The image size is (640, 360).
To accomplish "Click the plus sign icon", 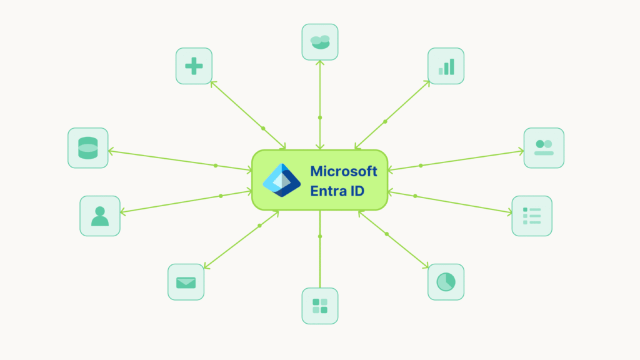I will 194,66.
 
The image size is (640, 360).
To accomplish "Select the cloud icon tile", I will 320,42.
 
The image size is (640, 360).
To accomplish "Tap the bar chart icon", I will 446,66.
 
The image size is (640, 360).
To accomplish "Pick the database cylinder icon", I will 87,148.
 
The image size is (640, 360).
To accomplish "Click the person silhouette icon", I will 99,216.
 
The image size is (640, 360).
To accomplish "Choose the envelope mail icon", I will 186,282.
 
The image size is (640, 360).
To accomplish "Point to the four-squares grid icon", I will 320,306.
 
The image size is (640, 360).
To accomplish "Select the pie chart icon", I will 446,282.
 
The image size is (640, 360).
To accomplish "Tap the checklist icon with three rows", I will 532,216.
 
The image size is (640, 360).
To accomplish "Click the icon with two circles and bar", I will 544,148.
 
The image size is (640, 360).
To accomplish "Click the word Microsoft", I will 344,171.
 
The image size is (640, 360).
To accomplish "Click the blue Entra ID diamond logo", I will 282,180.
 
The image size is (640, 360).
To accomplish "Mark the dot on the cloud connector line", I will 320,117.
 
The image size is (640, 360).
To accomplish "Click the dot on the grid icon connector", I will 320,236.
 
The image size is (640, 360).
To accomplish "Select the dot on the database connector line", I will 216,166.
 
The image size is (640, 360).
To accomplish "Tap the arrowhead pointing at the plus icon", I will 213,82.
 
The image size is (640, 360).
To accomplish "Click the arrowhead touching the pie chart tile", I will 427,267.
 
